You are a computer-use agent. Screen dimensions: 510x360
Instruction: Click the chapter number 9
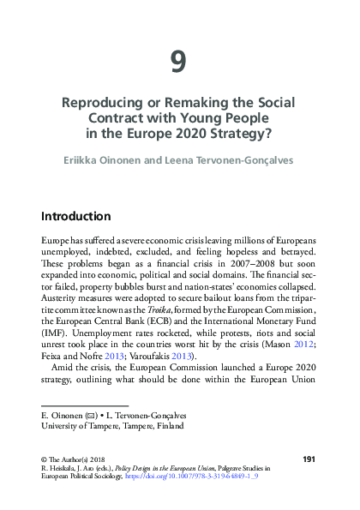[x=178, y=62]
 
